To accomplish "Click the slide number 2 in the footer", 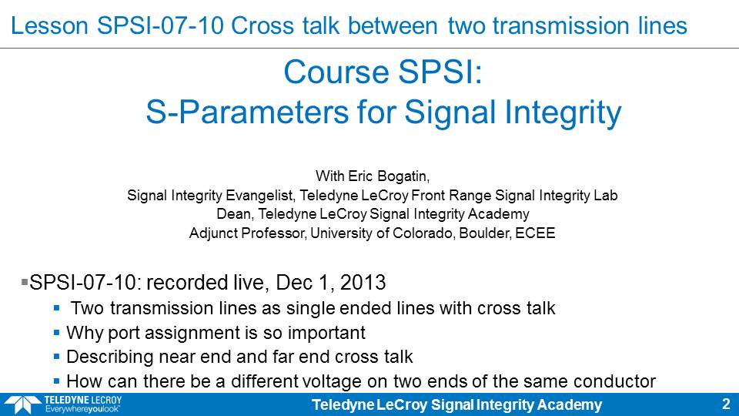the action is (x=726, y=404).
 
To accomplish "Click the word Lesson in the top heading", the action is (x=49, y=25).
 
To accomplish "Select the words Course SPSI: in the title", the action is (x=383, y=72).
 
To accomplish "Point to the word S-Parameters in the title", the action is (x=248, y=112).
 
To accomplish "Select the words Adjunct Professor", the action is (x=247, y=233).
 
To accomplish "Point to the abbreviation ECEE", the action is (x=535, y=233).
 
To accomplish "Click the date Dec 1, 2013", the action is (x=331, y=283).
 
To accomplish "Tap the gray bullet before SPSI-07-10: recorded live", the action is (x=25, y=282).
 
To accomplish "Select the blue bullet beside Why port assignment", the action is (x=56, y=333).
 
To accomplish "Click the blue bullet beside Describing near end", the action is (x=56, y=357).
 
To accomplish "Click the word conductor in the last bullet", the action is (x=614, y=381).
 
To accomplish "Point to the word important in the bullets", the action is (x=326, y=333).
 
